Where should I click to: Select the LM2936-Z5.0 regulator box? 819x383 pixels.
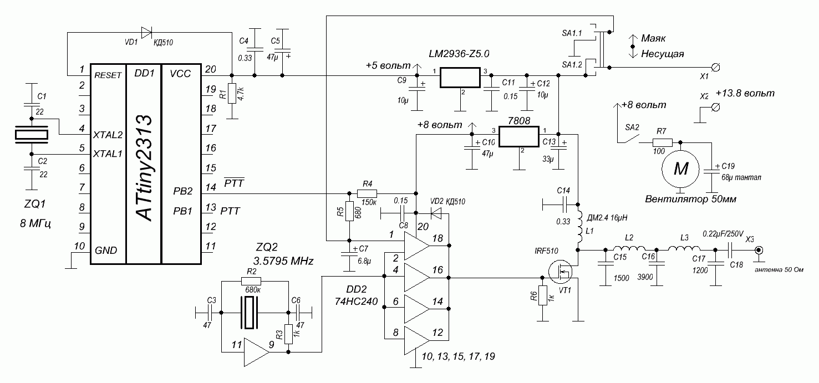click(460, 78)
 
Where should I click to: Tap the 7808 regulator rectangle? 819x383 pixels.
click(519, 137)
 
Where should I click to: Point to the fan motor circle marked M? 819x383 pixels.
click(680, 169)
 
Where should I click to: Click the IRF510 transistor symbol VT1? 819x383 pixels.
click(561, 272)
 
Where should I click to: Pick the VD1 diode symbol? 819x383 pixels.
click(146, 33)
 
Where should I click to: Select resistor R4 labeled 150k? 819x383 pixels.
click(367, 193)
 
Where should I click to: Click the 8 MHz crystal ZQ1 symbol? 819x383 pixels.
click(32, 135)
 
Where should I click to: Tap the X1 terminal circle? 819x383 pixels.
click(715, 68)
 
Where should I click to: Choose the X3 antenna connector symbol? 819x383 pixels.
click(759, 251)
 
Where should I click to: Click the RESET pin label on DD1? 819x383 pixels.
click(108, 75)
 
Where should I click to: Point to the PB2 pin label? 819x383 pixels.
click(183, 191)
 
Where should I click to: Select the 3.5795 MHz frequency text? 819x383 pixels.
click(283, 261)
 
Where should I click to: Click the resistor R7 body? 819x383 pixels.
click(662, 142)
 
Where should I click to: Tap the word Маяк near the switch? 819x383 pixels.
click(653, 38)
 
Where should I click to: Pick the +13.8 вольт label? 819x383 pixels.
click(745, 93)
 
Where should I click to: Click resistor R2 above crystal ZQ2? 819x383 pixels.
click(251, 281)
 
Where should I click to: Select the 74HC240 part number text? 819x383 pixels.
click(356, 302)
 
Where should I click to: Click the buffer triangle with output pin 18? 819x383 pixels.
click(417, 246)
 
